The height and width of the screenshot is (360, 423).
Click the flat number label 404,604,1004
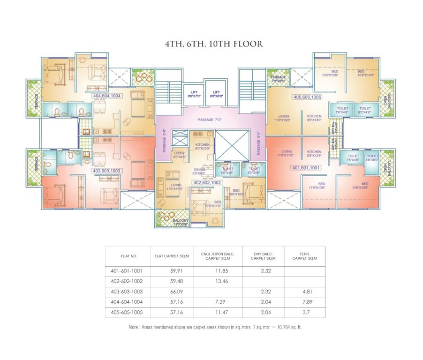[x=107, y=96]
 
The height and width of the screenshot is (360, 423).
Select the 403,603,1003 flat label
[x=107, y=171]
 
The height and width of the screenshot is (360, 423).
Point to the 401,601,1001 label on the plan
[x=305, y=167]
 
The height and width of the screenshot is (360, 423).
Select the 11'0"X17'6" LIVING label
[x=287, y=154]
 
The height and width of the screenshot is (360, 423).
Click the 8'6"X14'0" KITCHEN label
[x=314, y=118]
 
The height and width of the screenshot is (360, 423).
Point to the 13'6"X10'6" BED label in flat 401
[x=365, y=186]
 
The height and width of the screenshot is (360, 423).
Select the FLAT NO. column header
[x=128, y=256]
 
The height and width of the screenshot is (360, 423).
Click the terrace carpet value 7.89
[x=306, y=301]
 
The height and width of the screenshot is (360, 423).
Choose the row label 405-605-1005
[x=127, y=312]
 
